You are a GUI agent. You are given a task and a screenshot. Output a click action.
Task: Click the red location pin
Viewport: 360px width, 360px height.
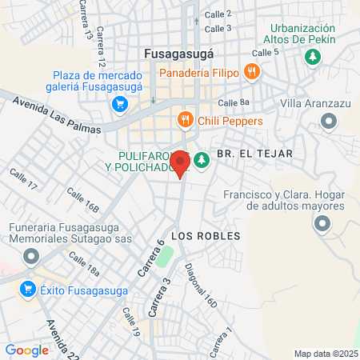pyautogui.click(x=181, y=163)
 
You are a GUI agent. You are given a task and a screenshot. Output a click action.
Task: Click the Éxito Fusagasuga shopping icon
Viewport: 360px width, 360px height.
pyautogui.click(x=29, y=289)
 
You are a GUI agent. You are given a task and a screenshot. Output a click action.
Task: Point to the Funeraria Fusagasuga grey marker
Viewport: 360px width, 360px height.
pyautogui.click(x=31, y=257)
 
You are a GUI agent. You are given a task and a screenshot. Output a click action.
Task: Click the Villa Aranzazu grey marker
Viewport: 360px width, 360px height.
pyautogui.click(x=328, y=121)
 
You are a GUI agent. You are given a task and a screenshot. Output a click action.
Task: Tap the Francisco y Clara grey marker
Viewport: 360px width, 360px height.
pyautogui.click(x=322, y=225)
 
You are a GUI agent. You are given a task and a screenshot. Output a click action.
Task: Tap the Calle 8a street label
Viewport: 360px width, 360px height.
pyautogui.click(x=234, y=102)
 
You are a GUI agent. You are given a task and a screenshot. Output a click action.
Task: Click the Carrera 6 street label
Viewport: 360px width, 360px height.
pyautogui.click(x=150, y=258)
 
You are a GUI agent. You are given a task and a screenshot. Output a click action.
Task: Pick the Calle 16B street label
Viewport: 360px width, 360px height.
pyautogui.click(x=82, y=201)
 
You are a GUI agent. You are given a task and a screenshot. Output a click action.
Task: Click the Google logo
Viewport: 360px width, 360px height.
pyautogui.click(x=26, y=350)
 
